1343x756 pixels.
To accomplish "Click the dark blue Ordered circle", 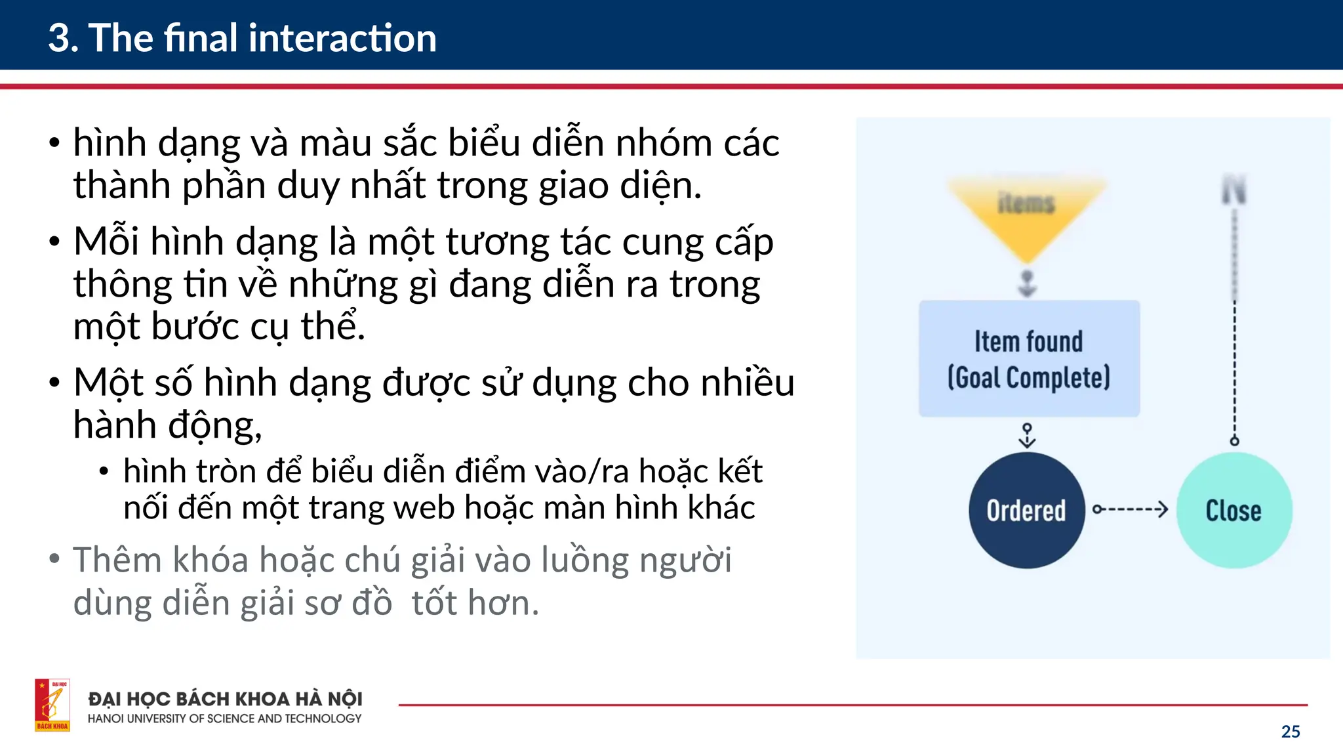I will tap(1026, 510).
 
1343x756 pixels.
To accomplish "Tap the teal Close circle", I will tap(1233, 510).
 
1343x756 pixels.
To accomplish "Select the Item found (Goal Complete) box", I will tap(1029, 358).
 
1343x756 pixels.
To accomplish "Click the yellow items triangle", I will tap(1026, 210).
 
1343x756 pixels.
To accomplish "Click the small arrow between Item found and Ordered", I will tap(1027, 435).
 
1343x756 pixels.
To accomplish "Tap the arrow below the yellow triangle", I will tap(1027, 283).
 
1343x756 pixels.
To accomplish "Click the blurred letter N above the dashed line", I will tap(1233, 190).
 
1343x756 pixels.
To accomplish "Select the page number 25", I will tap(1290, 732).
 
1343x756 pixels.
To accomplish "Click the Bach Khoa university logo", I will tap(52, 705).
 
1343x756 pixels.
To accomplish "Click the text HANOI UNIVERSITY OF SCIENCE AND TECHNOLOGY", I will tap(224, 719).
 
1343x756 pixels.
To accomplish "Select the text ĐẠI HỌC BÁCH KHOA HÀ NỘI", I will tap(225, 699).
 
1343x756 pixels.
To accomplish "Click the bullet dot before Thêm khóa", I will tap(54, 559).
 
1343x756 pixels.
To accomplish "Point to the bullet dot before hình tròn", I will tap(104, 471).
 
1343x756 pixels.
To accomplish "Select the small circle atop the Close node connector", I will tap(1234, 441).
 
